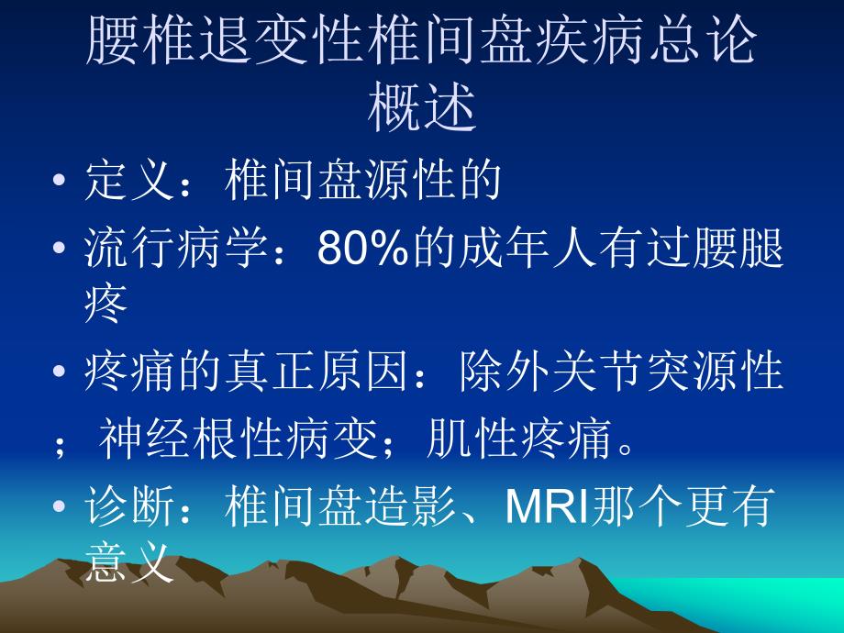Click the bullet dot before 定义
point(60,182)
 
